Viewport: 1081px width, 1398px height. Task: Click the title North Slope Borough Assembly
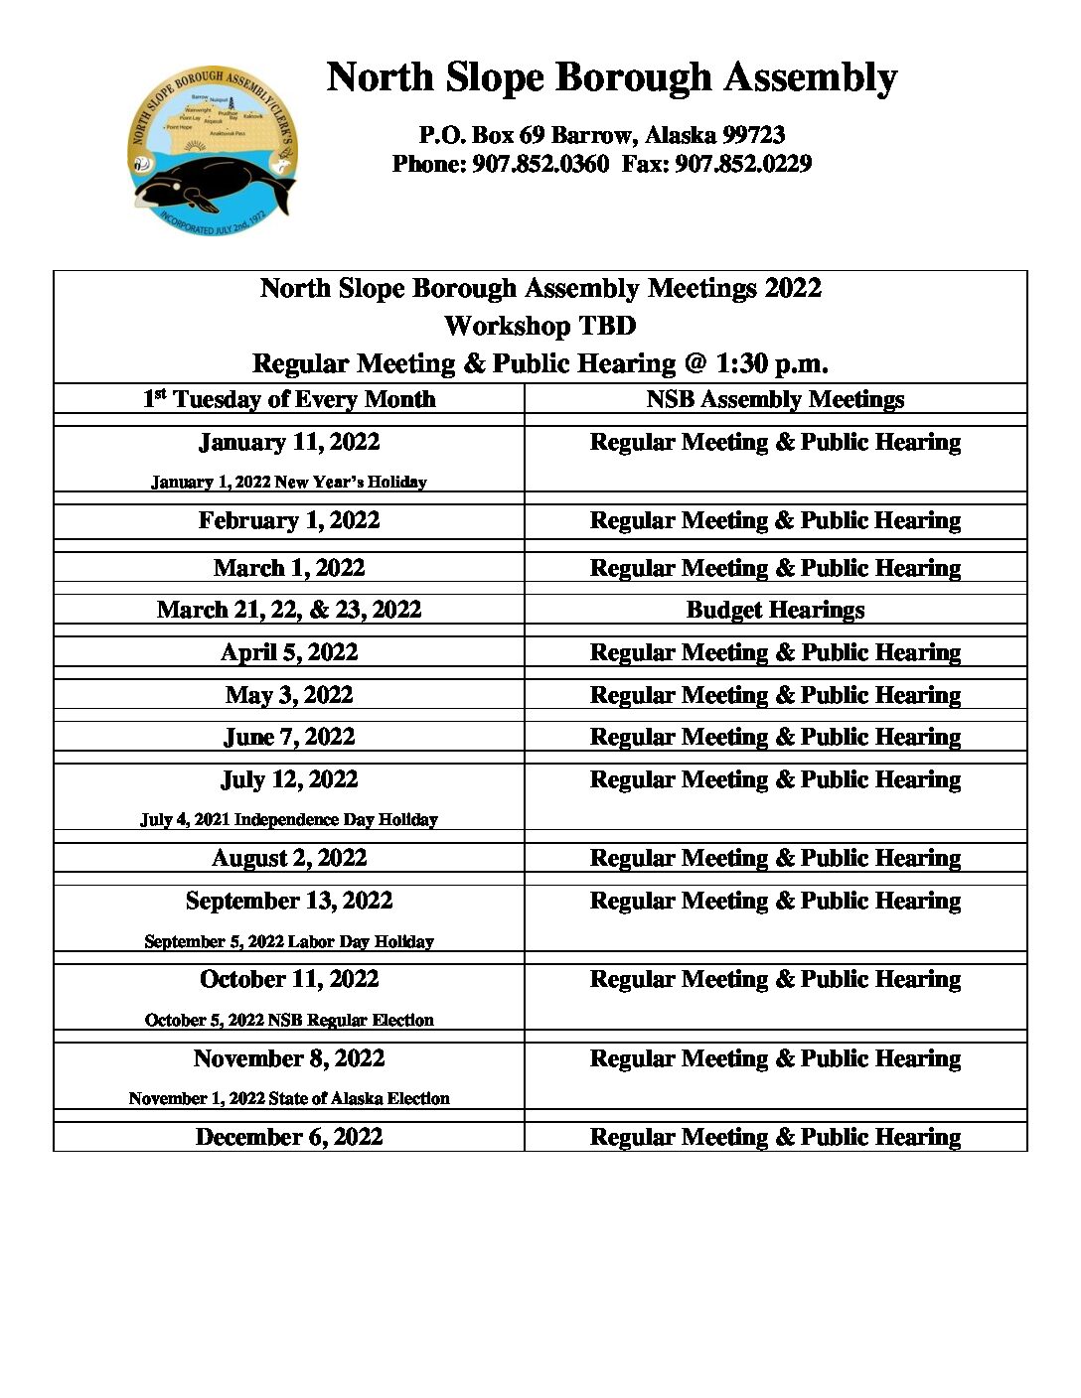click(611, 77)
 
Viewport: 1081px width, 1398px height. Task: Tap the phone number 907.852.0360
click(540, 164)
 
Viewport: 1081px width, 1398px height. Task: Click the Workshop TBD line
click(540, 326)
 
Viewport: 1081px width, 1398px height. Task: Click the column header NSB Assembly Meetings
click(775, 399)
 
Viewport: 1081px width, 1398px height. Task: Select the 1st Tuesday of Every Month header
click(289, 399)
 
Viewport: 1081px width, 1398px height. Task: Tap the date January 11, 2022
click(289, 442)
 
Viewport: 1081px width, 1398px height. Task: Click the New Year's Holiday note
click(289, 482)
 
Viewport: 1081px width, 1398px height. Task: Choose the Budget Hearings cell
click(775, 610)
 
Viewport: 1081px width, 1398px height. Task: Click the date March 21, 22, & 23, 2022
click(289, 610)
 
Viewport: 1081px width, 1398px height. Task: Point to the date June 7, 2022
click(289, 737)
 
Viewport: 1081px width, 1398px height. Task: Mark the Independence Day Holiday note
click(289, 819)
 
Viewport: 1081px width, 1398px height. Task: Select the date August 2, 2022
click(289, 858)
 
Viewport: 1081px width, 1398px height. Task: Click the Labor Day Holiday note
click(289, 941)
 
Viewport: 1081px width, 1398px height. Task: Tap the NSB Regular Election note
click(289, 1020)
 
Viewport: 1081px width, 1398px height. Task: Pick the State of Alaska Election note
click(289, 1098)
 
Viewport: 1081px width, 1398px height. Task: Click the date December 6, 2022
click(289, 1137)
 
